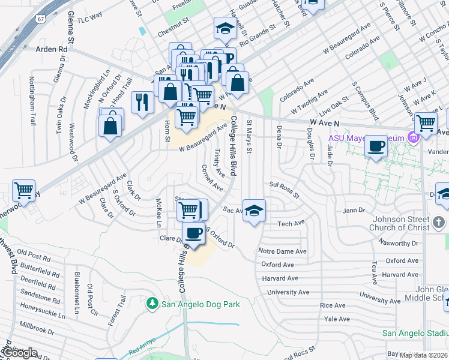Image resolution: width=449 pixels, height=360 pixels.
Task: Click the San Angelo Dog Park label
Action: [x=200, y=304]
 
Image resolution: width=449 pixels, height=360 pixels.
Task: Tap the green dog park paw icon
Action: [x=153, y=304]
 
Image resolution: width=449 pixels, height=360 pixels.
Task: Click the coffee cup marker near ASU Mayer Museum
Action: [x=376, y=146]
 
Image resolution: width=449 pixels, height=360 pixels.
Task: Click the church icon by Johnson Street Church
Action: [x=439, y=224]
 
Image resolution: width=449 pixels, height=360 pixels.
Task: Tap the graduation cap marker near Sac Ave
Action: [x=254, y=211]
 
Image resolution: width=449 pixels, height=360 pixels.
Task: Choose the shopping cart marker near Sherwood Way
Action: [x=23, y=191]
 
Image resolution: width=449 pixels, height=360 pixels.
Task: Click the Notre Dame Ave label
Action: [x=282, y=251]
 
